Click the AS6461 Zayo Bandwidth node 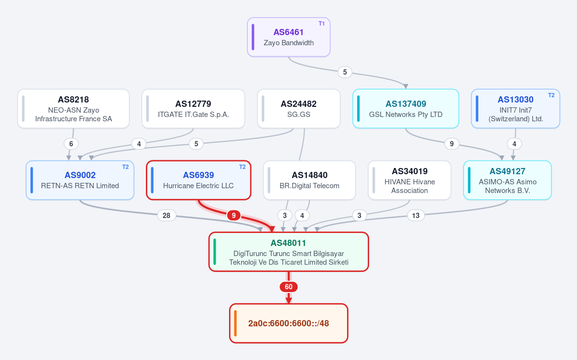(x=289, y=37)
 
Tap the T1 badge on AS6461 (x=321, y=24)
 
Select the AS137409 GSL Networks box (x=406, y=109)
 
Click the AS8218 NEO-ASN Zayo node (x=74, y=109)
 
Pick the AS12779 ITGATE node (x=193, y=109)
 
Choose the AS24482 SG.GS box (x=298, y=109)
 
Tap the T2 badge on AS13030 (x=551, y=95)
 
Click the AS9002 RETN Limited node (x=80, y=180)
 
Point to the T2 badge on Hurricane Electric (x=242, y=167)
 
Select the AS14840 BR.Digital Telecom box (x=309, y=180)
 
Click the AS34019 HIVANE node (x=410, y=180)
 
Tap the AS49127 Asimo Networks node (x=507, y=180)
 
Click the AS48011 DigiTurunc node (x=289, y=252)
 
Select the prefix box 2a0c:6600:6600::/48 (x=289, y=323)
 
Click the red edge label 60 (x=289, y=287)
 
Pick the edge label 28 (x=167, y=215)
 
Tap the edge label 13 (x=416, y=215)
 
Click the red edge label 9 (x=234, y=215)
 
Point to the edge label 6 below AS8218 (x=71, y=144)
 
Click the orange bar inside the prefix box (x=235, y=323)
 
